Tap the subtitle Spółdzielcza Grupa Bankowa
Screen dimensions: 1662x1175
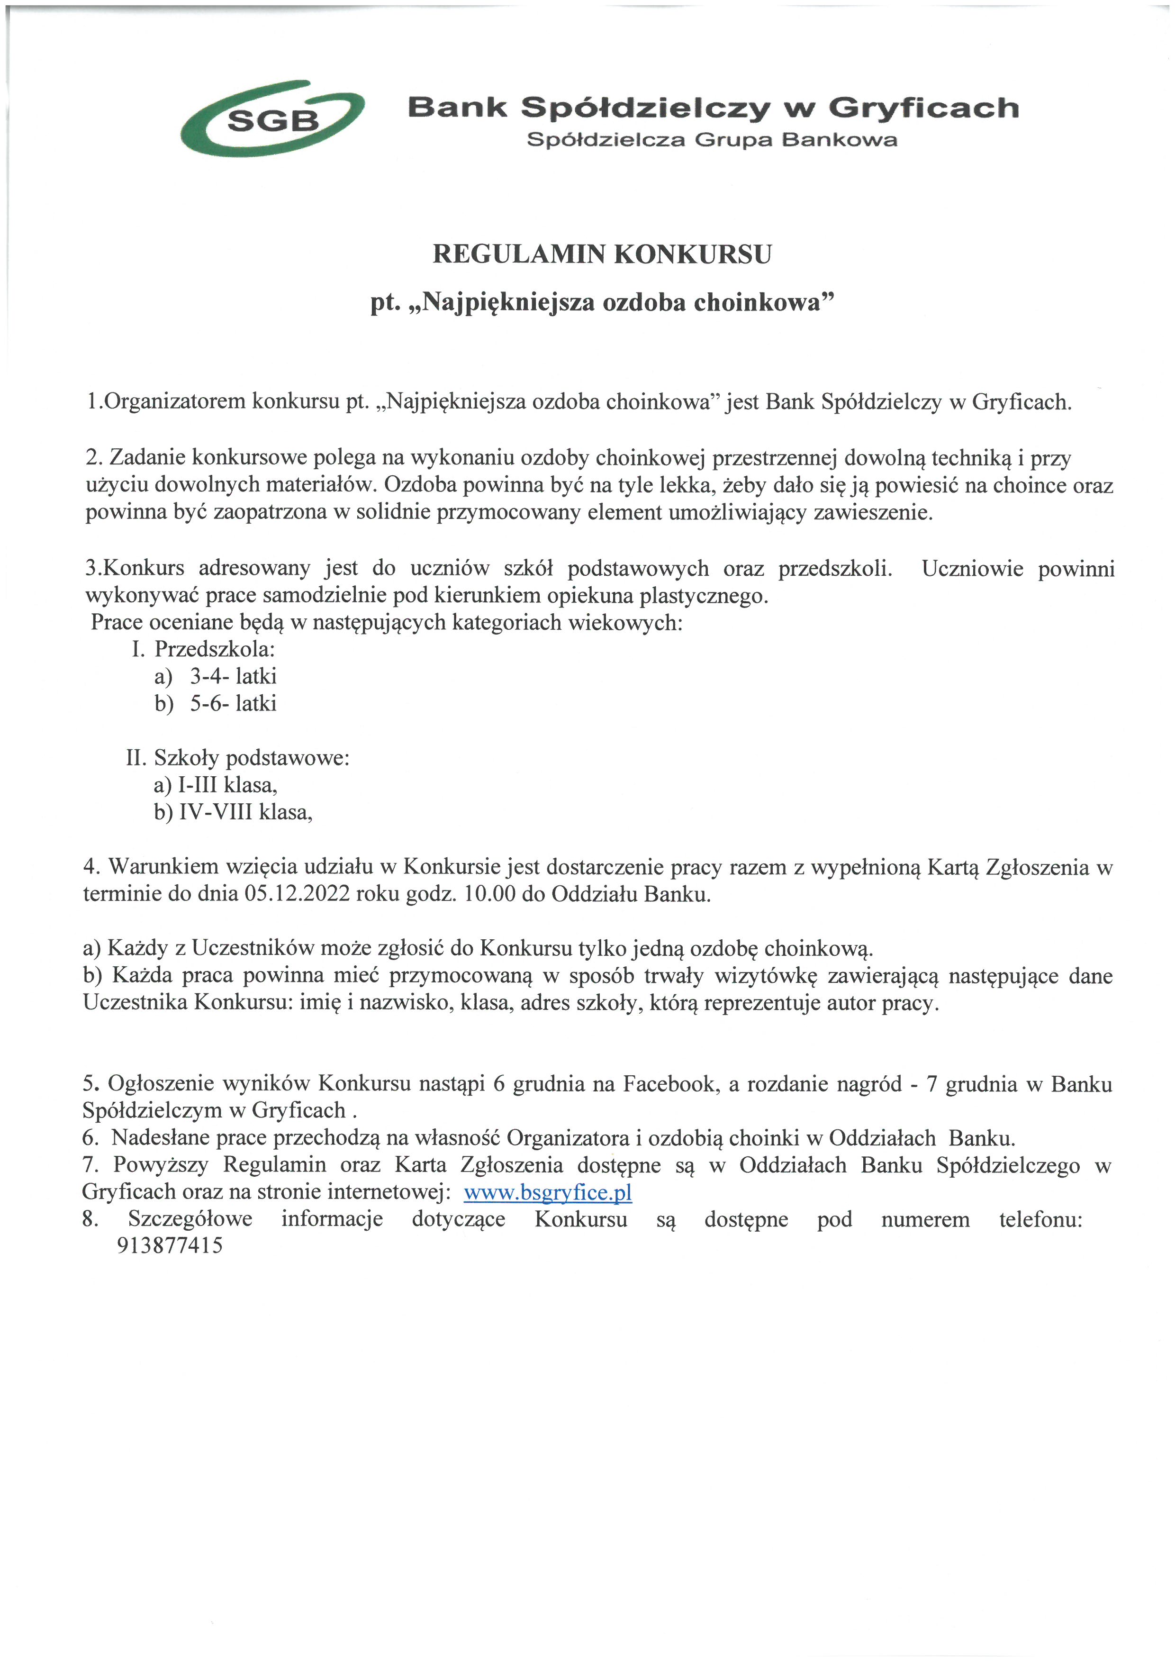(x=712, y=140)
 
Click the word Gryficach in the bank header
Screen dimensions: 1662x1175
(x=923, y=109)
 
